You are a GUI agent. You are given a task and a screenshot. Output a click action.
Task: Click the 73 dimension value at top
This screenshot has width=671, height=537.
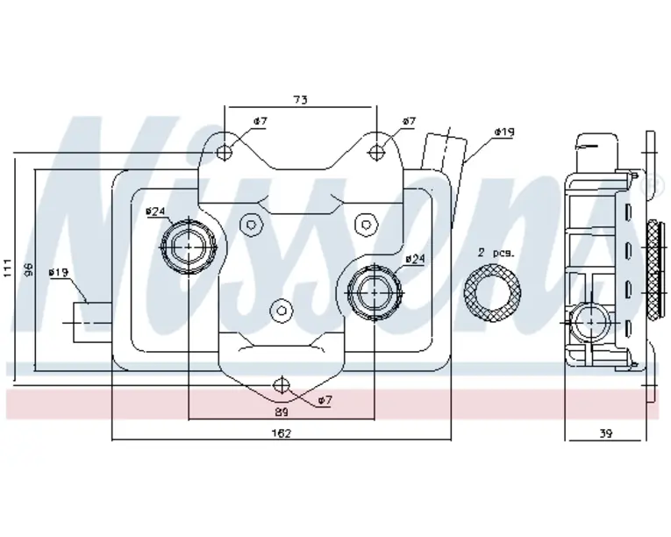pos(300,101)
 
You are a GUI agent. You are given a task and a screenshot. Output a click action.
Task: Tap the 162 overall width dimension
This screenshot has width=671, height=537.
pos(282,433)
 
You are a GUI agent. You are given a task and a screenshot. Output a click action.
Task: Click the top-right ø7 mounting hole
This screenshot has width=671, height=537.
pos(377,151)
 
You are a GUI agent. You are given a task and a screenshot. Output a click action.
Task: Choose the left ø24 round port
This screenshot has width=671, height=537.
pos(189,247)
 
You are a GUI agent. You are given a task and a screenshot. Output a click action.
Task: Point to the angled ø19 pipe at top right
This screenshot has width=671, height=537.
pos(440,155)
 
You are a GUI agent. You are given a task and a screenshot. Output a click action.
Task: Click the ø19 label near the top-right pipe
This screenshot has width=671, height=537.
pos(503,132)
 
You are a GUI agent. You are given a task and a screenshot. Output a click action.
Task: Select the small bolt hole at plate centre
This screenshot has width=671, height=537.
pos(282,308)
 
